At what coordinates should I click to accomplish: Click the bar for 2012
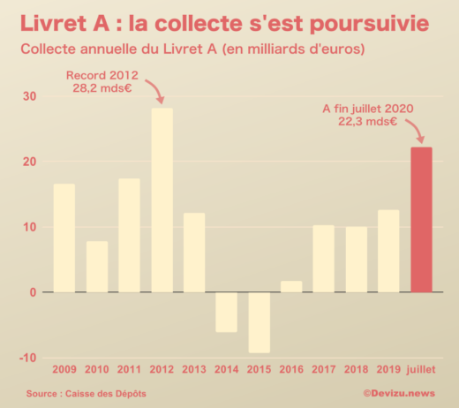162,200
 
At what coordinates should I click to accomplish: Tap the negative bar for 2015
259,322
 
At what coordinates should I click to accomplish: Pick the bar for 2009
64,238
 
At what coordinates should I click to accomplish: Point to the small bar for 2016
291,286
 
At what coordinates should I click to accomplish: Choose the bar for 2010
97,267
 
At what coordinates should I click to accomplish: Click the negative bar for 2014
227,312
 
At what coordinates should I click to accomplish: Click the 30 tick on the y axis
30,96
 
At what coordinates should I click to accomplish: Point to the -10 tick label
28,357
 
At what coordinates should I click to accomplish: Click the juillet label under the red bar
422,368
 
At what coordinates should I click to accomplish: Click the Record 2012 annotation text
102,75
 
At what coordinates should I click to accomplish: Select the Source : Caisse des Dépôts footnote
87,393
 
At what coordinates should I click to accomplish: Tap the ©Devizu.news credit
399,393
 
